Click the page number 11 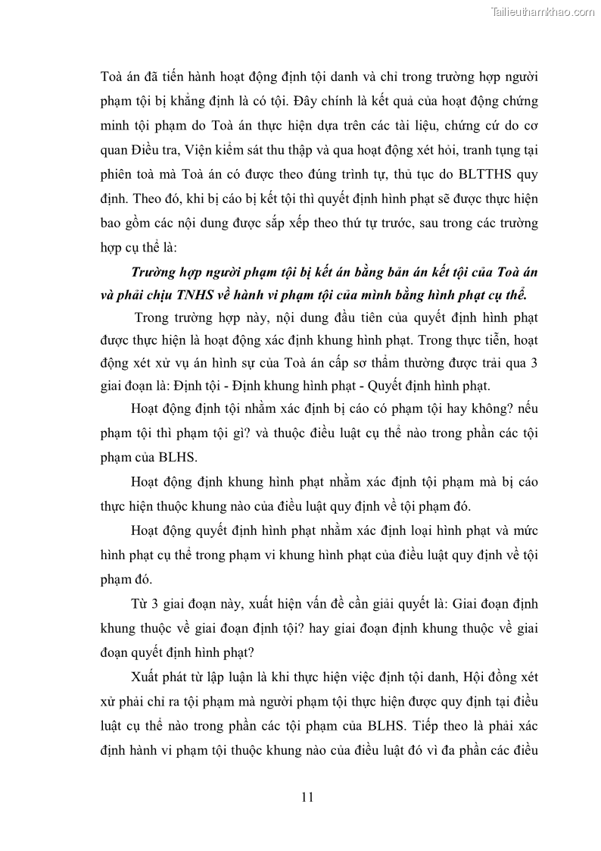pyautogui.click(x=307, y=796)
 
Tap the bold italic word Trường pyautogui.click(x=157, y=272)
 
